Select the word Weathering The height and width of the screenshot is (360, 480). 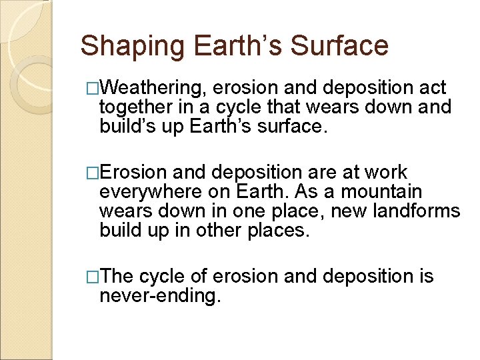pyautogui.click(x=156, y=89)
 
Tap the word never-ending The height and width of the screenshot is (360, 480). pyautogui.click(x=159, y=295)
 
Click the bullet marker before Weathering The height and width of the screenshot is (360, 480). pyautogui.click(x=93, y=89)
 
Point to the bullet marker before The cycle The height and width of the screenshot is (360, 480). pyautogui.click(x=93, y=277)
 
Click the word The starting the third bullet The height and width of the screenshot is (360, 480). pyautogui.click(x=118, y=277)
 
